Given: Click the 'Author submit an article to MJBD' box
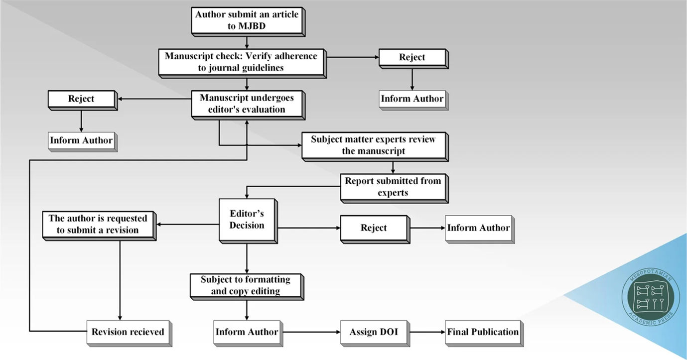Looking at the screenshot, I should pos(247,20).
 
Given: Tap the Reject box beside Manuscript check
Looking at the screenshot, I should pos(412,57).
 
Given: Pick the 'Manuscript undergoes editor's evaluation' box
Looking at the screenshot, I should pos(247,104).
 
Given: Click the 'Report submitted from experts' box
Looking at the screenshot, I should pos(393,187).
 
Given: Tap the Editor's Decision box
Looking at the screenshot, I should pos(247,220).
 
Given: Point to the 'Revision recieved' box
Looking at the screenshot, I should pos(128,332).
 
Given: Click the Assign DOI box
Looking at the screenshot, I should pos(373,332).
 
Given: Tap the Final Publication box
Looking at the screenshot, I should pos(482,332).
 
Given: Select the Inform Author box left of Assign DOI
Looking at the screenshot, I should pos(247,332).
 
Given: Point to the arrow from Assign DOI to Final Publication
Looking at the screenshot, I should pos(426,332).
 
